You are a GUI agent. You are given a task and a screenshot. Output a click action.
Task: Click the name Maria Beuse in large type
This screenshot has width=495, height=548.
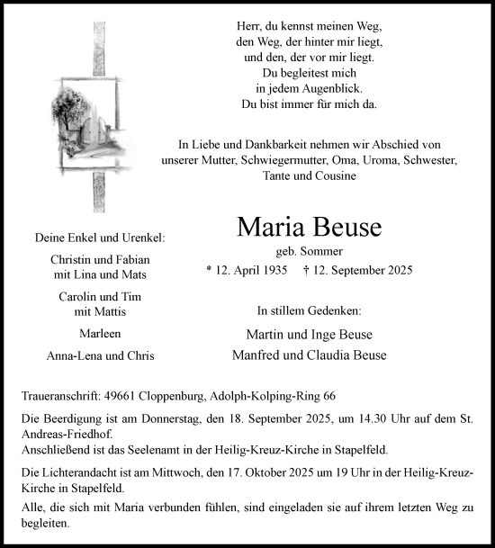pyautogui.click(x=309, y=228)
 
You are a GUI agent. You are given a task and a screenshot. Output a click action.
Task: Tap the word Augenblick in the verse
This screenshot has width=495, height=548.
pyautogui.click(x=330, y=88)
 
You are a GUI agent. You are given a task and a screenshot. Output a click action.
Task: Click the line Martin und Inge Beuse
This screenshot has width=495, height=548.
pyautogui.click(x=309, y=335)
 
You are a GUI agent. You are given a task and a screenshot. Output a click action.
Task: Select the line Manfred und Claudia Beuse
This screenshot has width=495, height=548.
pyautogui.click(x=309, y=355)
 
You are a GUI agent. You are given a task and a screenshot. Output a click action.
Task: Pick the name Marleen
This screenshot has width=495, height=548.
pyautogui.click(x=100, y=334)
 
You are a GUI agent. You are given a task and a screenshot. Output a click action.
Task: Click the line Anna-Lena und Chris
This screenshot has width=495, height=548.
pyautogui.click(x=100, y=355)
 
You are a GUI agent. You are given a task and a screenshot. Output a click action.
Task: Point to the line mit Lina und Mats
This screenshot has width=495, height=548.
pyautogui.click(x=100, y=274)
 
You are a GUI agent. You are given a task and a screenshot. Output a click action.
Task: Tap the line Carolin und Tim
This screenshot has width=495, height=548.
pyautogui.click(x=100, y=297)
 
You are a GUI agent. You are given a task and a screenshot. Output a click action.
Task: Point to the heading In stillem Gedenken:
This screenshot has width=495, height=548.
pyautogui.click(x=309, y=310)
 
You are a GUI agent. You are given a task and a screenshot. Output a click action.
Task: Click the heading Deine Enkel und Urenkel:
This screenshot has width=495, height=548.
pyautogui.click(x=100, y=238)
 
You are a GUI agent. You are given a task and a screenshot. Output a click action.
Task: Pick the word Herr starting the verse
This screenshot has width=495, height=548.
pyautogui.click(x=247, y=26)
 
